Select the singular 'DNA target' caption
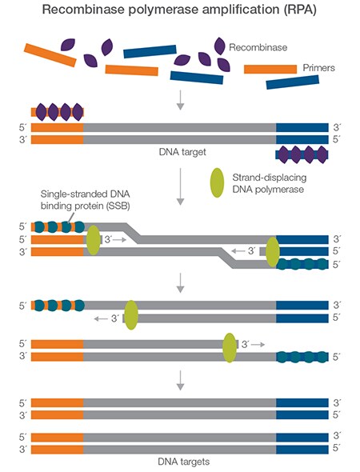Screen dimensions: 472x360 [x=180, y=151]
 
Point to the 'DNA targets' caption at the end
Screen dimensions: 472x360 [x=180, y=462]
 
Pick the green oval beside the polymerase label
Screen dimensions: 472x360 [x=218, y=181]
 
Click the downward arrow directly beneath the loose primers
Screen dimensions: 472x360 [x=180, y=100]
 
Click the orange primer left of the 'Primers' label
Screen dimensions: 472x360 [x=270, y=69]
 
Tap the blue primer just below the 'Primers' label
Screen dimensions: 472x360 [x=292, y=83]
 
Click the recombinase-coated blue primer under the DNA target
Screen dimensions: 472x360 [x=302, y=153]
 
